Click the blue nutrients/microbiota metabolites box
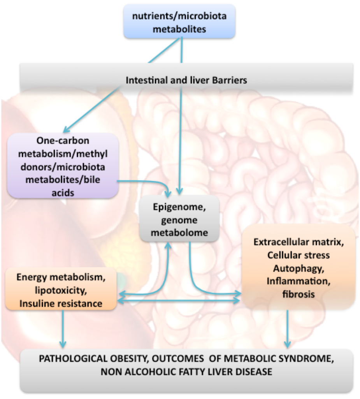point(179,22)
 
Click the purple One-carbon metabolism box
point(63,166)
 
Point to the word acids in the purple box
point(63,192)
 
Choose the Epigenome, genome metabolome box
point(179,220)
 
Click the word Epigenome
point(179,208)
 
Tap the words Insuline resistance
point(61,303)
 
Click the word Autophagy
point(298,268)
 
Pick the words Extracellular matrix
point(298,242)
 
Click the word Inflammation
point(298,281)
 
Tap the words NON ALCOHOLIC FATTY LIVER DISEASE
point(186,372)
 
